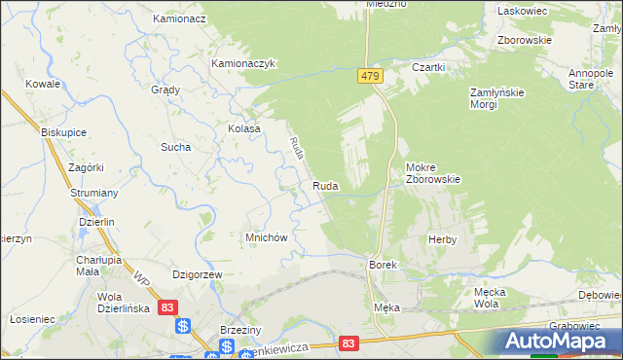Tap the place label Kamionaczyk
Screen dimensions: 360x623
tap(245, 64)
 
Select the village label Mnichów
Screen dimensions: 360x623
tap(265, 236)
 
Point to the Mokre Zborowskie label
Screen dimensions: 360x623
tap(432, 172)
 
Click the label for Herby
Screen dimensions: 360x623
tap(442, 238)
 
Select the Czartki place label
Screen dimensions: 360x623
tap(428, 67)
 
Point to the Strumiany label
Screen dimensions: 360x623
tap(94, 194)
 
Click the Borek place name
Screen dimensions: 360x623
tap(381, 265)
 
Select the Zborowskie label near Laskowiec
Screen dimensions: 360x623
tap(525, 41)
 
